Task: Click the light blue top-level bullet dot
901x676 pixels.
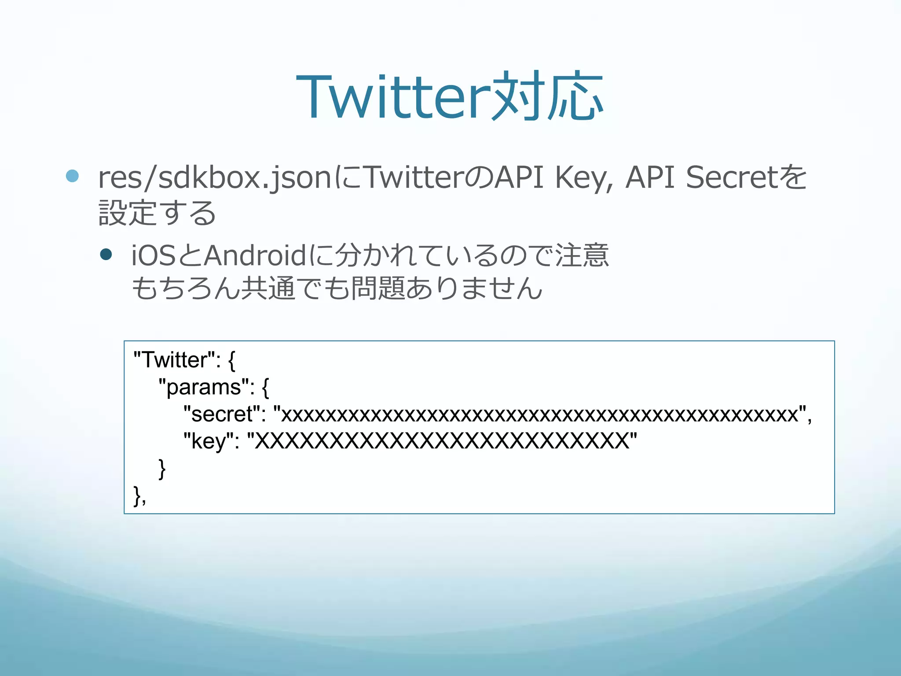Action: (x=72, y=176)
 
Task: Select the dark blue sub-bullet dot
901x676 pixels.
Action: (x=106, y=254)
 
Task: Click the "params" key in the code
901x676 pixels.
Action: (x=203, y=387)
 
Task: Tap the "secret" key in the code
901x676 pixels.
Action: (x=222, y=414)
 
